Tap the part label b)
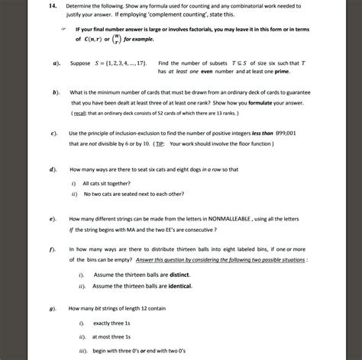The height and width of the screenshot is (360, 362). pos(55,92)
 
